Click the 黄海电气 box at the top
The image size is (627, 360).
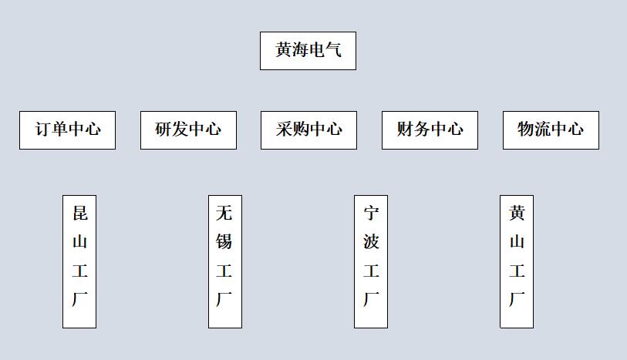pyautogui.click(x=308, y=51)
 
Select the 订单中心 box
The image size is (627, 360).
pyautogui.click(x=67, y=130)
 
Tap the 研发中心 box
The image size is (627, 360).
pyautogui.click(x=188, y=130)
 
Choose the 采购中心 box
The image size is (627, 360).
pyautogui.click(x=308, y=130)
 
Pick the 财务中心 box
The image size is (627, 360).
pyautogui.click(x=430, y=130)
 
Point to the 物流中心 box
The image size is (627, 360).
pyautogui.click(x=551, y=130)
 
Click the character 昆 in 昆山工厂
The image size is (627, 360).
pyautogui.click(x=79, y=214)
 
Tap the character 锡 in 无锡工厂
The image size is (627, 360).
pyautogui.click(x=224, y=242)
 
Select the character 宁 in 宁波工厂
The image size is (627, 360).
pyautogui.click(x=371, y=214)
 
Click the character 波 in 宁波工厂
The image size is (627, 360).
pyautogui.click(x=371, y=242)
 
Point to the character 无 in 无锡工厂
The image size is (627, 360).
pyautogui.click(x=224, y=214)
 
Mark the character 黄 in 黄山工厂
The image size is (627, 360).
pyautogui.click(x=517, y=214)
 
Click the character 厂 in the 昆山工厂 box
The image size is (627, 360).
pyautogui.click(x=79, y=299)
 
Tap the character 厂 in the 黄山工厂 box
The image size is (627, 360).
pyautogui.click(x=517, y=299)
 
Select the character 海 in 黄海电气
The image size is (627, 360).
pyautogui.click(x=300, y=51)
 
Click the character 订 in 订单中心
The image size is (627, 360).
pyautogui.click(x=43, y=130)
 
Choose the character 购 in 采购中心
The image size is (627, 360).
pyautogui.click(x=301, y=130)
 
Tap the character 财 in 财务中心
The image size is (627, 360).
pyautogui.click(x=406, y=130)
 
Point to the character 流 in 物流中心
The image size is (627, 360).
pyautogui.click(x=543, y=130)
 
